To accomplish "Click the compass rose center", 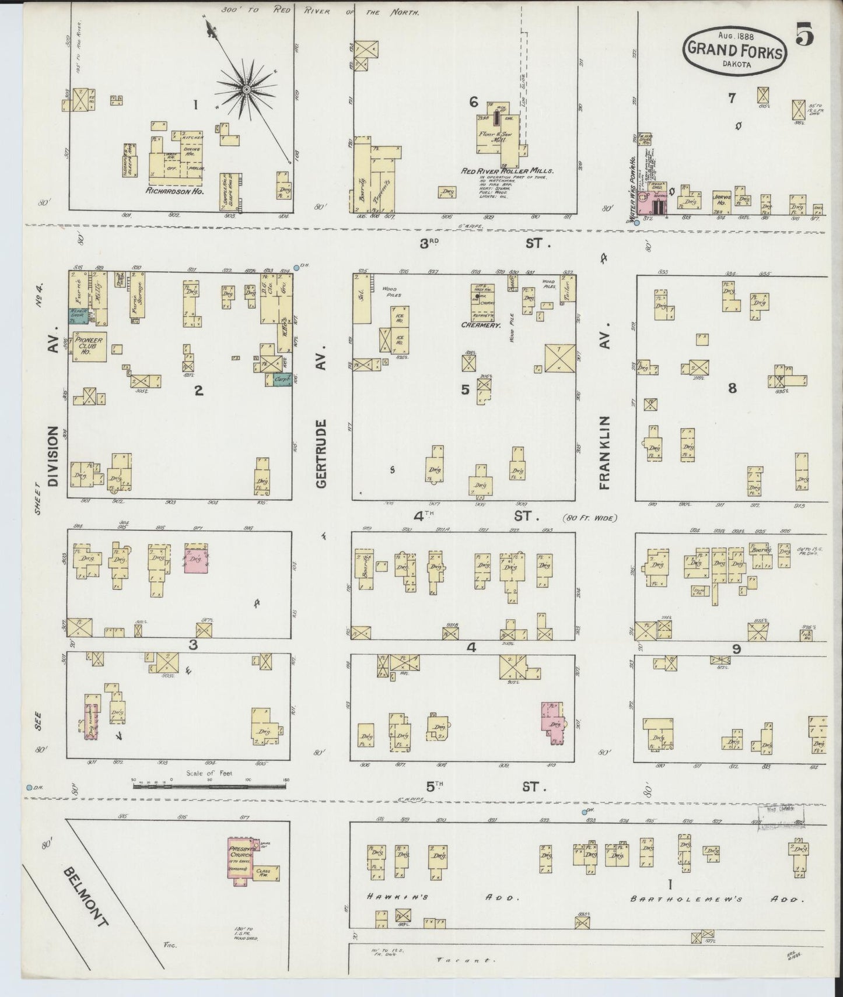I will coord(246,89).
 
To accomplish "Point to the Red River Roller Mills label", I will coord(506,171).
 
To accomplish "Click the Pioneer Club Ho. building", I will coord(89,346).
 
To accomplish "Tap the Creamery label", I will coord(481,325).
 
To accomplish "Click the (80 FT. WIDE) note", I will coord(589,517).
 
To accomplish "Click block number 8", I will coord(732,388).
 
